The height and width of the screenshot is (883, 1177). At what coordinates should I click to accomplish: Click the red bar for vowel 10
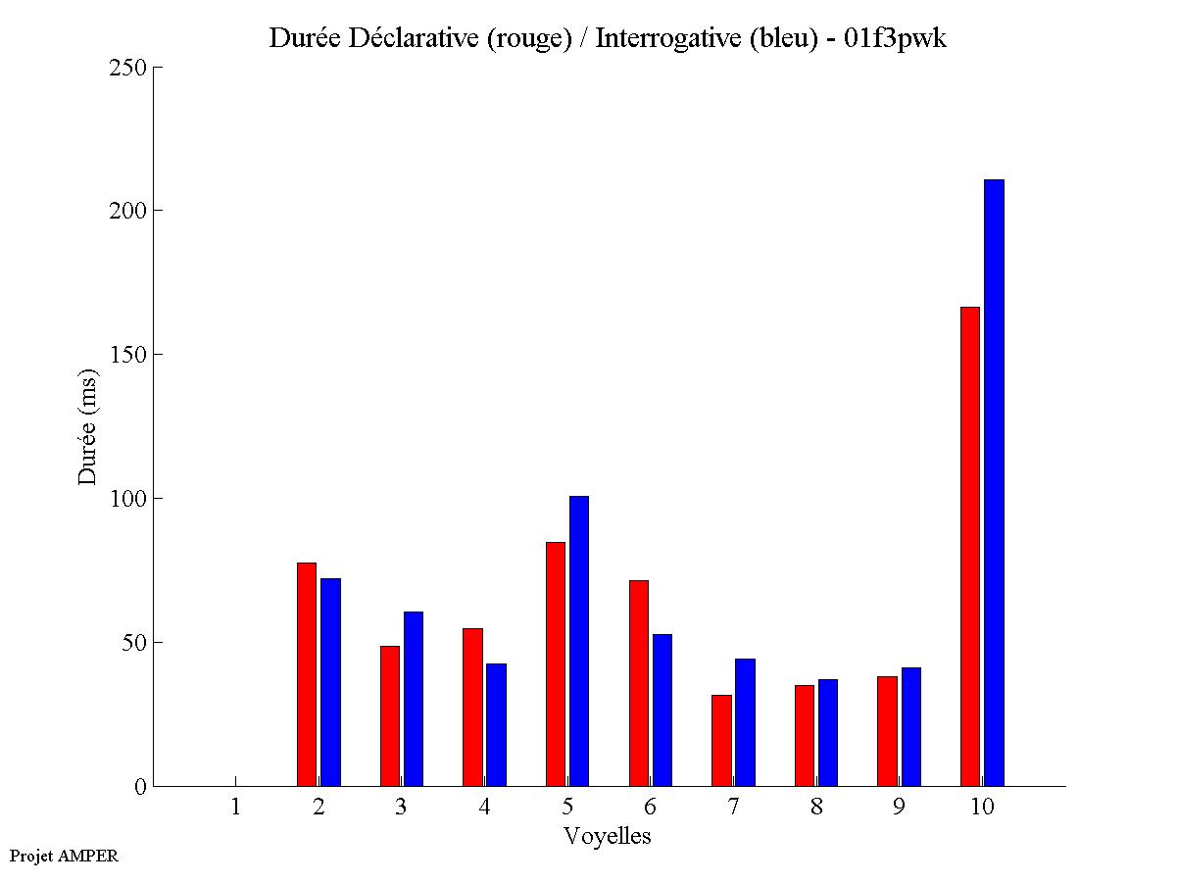coord(969,546)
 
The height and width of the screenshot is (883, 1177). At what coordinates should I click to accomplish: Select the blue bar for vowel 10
coord(994,482)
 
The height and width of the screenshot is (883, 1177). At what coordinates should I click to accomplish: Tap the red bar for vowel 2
coord(307,674)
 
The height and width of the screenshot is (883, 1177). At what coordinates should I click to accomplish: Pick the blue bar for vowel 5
coord(578,641)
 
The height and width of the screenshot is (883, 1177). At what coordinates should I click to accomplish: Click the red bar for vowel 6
coord(639,683)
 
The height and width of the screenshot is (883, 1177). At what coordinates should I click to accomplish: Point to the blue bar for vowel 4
coord(496,724)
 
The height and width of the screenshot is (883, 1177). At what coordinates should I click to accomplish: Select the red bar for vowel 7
coord(721,740)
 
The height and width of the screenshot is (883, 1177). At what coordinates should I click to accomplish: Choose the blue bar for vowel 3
coord(413,699)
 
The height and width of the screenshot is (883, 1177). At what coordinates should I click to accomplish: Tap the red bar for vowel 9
coord(887,731)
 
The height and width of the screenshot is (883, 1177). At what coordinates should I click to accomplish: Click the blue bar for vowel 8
coord(827,732)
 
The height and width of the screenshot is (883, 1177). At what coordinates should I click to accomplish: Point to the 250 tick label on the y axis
coord(128,68)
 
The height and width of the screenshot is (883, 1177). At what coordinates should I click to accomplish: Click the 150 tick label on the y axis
coord(128,355)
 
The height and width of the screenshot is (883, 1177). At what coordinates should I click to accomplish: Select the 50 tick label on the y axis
coord(134,643)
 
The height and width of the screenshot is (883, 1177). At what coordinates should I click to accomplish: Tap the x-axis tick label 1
coord(235,808)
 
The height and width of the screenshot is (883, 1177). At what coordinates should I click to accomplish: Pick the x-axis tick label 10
coord(982,808)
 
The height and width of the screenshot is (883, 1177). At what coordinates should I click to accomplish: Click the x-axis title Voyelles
coord(608,836)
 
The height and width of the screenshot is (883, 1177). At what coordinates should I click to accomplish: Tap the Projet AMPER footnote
coord(64,856)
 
